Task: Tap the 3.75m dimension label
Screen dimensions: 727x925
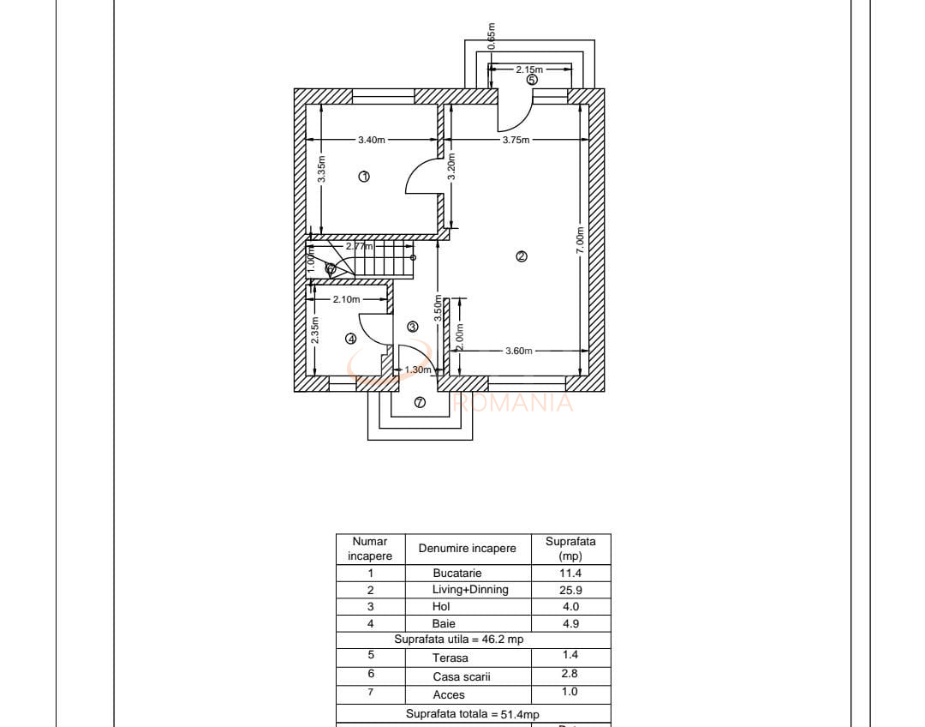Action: click(x=516, y=140)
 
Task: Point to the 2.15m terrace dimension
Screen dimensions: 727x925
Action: click(x=529, y=69)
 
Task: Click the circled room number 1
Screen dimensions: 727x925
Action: click(x=364, y=176)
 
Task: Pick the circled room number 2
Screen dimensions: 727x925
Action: click(x=521, y=255)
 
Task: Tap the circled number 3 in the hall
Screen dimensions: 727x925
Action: click(x=412, y=327)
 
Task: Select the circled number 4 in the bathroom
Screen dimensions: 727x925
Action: click(x=350, y=339)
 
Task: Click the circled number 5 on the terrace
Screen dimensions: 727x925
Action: click(x=532, y=80)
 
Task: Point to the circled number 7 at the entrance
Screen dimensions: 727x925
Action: click(x=420, y=403)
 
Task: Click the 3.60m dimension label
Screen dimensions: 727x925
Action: click(x=518, y=351)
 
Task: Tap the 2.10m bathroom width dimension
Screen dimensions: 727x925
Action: click(x=346, y=299)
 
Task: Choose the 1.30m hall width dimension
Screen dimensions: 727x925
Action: click(x=417, y=370)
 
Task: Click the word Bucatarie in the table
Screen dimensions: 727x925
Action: click(x=457, y=574)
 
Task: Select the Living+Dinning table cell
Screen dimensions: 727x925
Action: click(x=470, y=590)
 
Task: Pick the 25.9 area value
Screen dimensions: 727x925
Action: click(x=570, y=590)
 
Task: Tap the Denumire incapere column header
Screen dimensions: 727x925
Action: click(x=467, y=549)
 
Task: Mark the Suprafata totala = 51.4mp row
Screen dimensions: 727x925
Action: click(x=472, y=714)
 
